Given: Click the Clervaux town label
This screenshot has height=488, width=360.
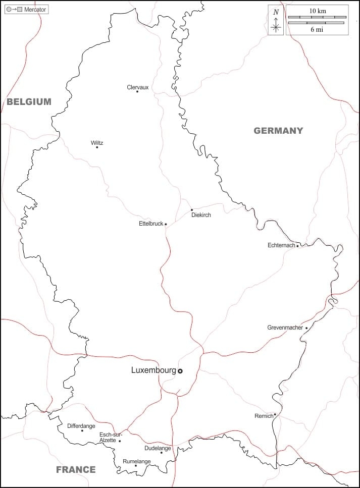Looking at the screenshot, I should coord(137,87).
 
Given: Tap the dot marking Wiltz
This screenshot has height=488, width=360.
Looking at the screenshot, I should coord(97,147).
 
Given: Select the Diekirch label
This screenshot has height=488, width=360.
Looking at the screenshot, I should coord(201,215).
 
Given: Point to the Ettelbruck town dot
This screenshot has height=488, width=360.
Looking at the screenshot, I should coord(166,224).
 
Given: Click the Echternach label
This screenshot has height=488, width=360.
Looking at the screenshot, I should coord(281,245).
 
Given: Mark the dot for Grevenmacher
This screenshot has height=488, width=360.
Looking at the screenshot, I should coord(306,328).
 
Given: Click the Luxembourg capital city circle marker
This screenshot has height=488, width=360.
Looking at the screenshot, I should coord(180,371).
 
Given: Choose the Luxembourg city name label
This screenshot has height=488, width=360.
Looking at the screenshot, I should coord(153,370).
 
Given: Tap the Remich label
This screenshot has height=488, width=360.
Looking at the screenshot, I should coord(263,416).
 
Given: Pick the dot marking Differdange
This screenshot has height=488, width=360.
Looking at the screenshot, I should coord(82,430).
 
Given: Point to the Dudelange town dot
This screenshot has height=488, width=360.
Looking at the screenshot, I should coord(162,452).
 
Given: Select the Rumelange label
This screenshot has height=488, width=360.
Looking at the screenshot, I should coord(136,461).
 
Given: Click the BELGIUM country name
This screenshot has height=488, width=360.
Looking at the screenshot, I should coord(29,101).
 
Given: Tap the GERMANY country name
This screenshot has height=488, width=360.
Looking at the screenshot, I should coord(278,130).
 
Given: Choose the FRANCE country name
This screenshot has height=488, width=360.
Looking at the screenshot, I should coord(76,469).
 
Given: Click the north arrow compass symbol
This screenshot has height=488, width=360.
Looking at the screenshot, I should coord(276,21).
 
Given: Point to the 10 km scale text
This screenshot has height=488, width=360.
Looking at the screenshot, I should coord(317,11).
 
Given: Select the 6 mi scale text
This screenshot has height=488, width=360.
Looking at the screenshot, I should coord(317,30).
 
